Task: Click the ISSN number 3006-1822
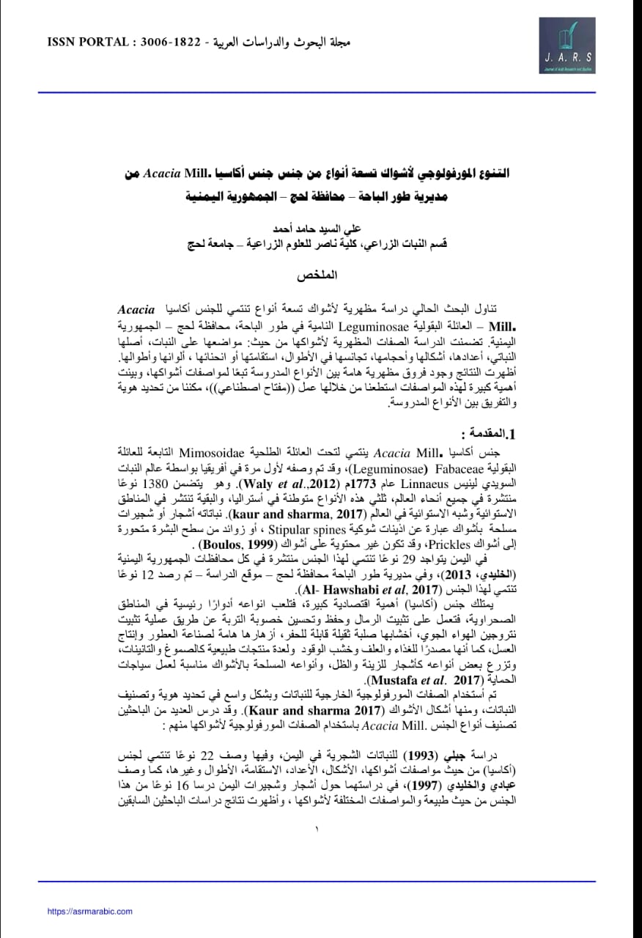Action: tap(174, 42)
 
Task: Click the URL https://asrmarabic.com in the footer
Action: tap(89, 911)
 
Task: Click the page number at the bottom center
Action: tap(317, 830)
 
